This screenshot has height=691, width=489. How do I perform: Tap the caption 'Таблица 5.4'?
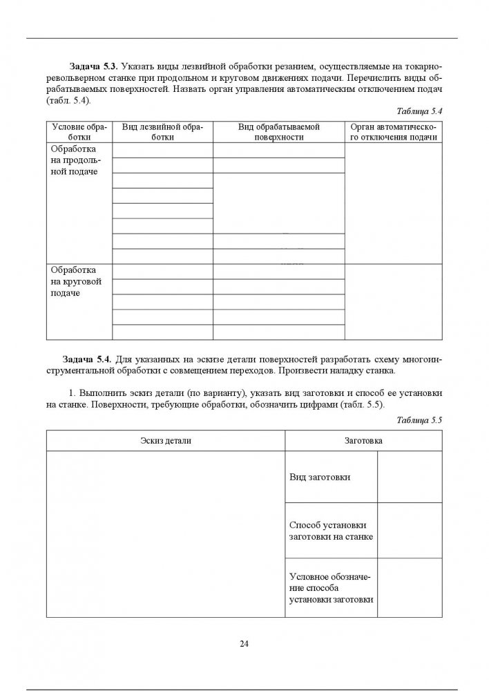click(419, 111)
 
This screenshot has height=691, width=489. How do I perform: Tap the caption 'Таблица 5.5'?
click(419, 419)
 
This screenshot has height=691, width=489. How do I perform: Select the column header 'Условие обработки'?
click(77, 132)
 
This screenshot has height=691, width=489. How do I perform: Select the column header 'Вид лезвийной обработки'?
click(162, 132)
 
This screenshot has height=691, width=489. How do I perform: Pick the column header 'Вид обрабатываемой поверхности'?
click(279, 132)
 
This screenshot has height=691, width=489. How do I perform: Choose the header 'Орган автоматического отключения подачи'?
click(394, 132)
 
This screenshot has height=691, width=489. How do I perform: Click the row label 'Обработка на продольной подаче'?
click(73, 160)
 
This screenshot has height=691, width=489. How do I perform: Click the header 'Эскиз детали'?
click(165, 440)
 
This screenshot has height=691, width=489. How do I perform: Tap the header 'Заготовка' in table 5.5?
click(363, 440)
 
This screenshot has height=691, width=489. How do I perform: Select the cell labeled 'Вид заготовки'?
click(320, 477)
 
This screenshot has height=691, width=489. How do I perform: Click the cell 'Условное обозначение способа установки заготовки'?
click(332, 587)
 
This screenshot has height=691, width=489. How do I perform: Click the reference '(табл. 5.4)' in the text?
click(68, 100)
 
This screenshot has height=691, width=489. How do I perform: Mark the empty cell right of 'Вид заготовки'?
click(410, 477)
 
